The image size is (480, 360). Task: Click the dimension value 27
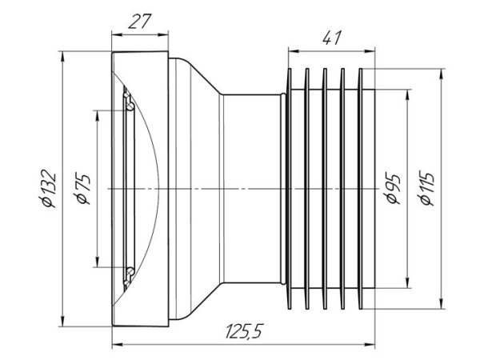[x=140, y=22]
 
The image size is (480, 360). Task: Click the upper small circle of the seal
[x=128, y=102]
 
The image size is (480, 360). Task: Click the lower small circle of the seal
[x=128, y=273]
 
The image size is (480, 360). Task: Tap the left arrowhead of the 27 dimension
[x=114, y=34]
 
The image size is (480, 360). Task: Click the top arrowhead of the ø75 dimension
[x=97, y=110]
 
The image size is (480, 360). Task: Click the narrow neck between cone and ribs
[x=252, y=189]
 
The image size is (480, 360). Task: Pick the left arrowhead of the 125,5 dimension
[x=114, y=345]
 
